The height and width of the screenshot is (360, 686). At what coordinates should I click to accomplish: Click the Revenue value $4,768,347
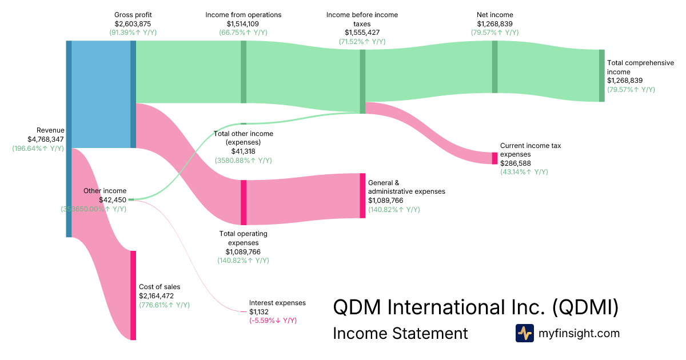46,139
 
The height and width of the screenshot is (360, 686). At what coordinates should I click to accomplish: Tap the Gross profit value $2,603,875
133,23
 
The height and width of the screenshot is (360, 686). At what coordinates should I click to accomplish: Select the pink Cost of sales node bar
133,295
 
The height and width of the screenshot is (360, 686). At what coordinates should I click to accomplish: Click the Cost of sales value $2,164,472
156,296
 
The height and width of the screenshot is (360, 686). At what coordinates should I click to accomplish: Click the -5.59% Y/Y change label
273,321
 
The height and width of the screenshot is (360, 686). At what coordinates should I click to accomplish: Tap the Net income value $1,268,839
494,23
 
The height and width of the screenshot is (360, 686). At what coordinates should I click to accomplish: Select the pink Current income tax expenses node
494,158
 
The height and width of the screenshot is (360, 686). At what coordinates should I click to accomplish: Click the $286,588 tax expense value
515,163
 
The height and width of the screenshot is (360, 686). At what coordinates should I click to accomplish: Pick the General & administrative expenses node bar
362,195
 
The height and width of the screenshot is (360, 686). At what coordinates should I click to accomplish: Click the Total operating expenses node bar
244,202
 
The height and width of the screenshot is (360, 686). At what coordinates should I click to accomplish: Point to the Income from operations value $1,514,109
243,23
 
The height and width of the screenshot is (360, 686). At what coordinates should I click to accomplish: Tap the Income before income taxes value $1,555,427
362,33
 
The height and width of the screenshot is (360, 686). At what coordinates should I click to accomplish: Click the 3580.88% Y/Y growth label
243,161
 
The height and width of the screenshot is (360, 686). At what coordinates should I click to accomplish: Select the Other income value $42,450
113,200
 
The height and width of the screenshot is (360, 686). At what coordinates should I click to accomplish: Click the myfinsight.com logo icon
524,333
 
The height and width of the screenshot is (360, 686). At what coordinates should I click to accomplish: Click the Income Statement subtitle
400,333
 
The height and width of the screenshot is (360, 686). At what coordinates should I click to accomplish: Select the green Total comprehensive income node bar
601,75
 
